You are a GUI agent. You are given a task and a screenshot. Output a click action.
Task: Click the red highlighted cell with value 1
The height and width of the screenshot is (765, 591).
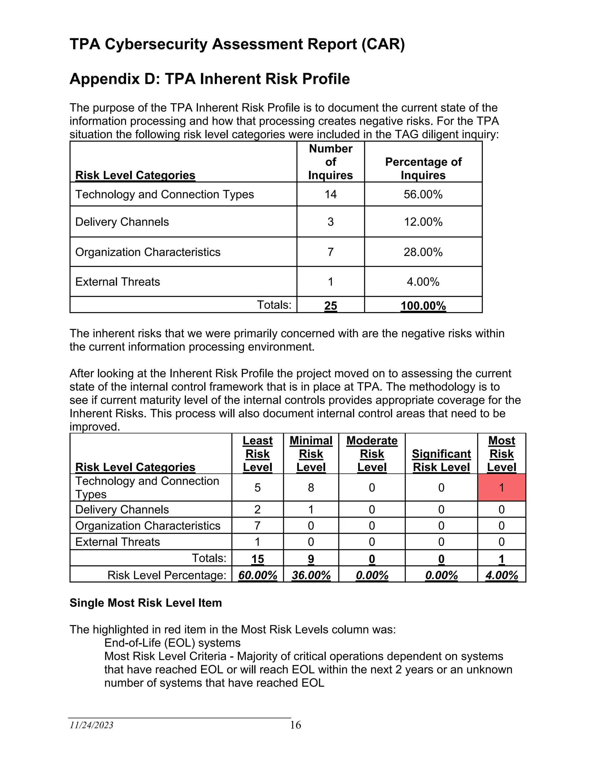[x=501, y=487]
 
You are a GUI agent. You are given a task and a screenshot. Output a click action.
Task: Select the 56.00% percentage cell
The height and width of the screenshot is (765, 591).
[x=423, y=194]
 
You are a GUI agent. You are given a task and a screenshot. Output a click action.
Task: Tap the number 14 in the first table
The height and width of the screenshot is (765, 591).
[x=330, y=194]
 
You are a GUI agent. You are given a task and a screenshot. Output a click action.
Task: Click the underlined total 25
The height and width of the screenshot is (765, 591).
[x=330, y=306]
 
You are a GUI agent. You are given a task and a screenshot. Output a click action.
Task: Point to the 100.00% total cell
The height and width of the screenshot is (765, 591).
[x=423, y=306]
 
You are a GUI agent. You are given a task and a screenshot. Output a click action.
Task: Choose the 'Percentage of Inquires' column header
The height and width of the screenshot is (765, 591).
[x=423, y=169]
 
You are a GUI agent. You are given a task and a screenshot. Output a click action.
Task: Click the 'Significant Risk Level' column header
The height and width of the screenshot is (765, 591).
[x=441, y=461]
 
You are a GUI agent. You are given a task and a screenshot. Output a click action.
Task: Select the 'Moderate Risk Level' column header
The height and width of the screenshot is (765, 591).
[x=372, y=454]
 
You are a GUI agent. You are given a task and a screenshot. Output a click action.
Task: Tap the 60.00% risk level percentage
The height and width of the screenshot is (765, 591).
[x=258, y=575]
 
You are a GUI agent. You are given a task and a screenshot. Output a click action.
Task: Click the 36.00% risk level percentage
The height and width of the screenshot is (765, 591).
[x=311, y=575]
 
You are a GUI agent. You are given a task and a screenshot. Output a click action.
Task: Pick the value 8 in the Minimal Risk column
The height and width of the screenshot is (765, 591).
[x=311, y=487]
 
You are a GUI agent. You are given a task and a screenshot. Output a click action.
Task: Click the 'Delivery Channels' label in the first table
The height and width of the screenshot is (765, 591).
[x=122, y=222]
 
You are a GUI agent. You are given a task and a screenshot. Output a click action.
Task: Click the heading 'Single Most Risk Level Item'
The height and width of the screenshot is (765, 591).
[x=146, y=603]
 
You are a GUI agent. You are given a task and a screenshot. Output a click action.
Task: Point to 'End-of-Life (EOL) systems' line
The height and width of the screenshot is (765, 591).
[x=172, y=643]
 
